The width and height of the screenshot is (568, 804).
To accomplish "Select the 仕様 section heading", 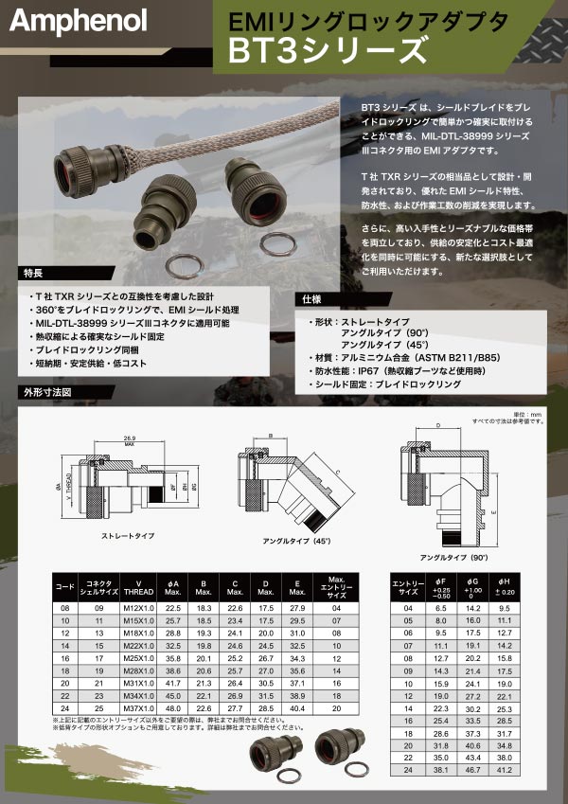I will (313, 298).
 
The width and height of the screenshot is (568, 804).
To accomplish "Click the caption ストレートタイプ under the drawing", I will (128, 536).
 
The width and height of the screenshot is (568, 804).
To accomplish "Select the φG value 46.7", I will (471, 772).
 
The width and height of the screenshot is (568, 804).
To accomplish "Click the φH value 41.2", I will (505, 772).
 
